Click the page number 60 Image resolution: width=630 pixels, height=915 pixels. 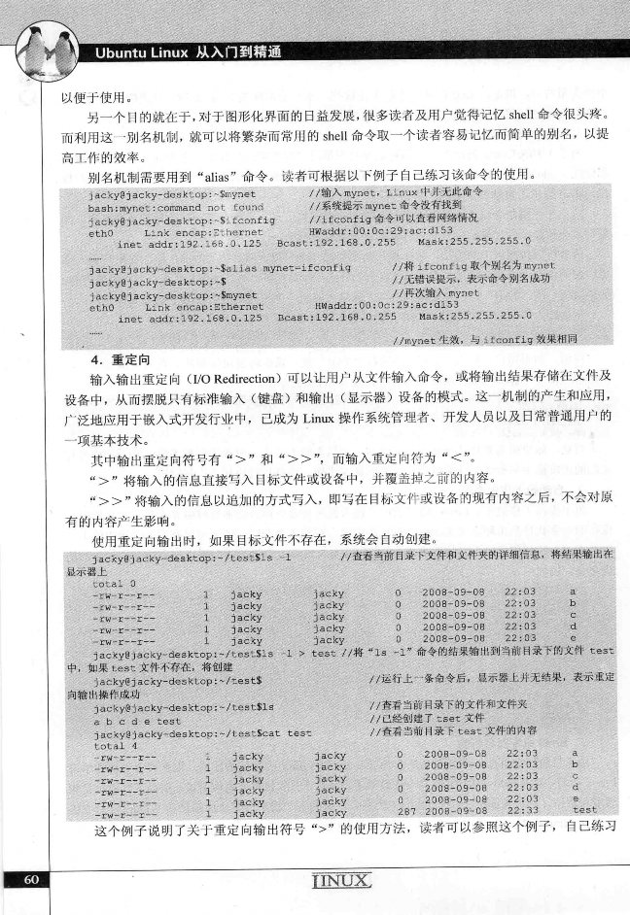point(30,880)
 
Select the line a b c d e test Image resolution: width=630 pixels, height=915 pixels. point(135,721)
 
